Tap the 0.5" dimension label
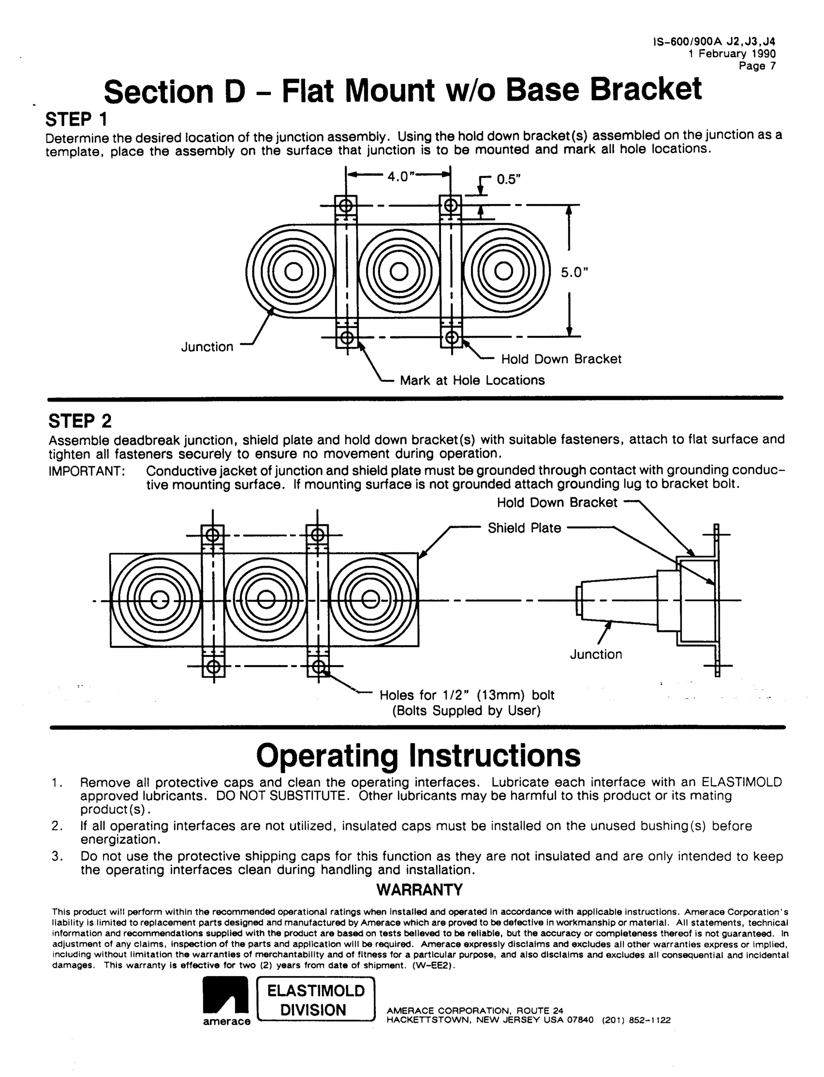pos(508,179)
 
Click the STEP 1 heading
pos(76,119)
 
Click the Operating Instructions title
pos(418,756)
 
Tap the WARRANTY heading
pos(419,890)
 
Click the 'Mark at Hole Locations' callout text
pos(472,380)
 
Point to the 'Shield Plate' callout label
pos(524,528)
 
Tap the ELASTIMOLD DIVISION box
pos(316,1000)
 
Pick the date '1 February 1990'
pos(732,54)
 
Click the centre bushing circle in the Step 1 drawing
pos(399,271)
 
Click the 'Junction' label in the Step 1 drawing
pos(207,347)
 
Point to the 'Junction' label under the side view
pos(595,654)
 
